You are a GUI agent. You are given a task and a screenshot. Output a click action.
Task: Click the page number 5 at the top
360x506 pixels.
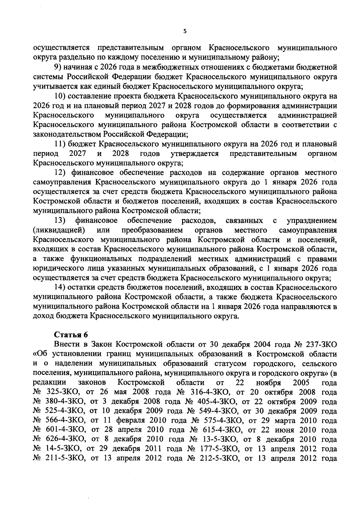[x=185, y=31]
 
